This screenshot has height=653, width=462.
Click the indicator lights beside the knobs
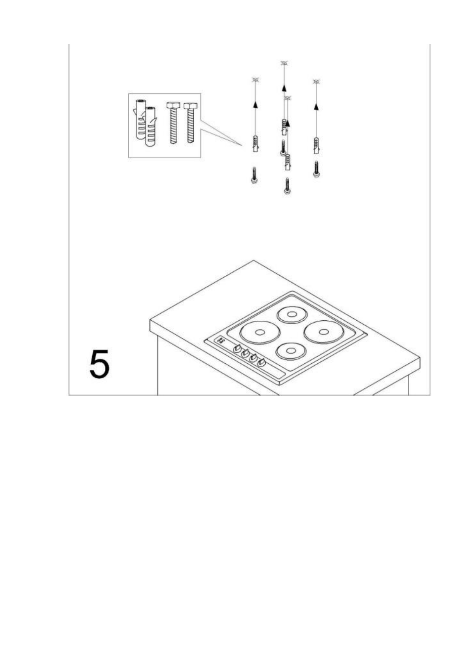point(221,340)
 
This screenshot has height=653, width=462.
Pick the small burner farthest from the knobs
point(292,314)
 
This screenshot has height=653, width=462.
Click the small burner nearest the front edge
point(291,351)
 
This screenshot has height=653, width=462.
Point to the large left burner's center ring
point(260,332)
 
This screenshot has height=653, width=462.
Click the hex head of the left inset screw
point(173,105)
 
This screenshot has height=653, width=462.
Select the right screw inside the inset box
point(190,122)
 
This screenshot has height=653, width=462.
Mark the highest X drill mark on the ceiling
point(285,62)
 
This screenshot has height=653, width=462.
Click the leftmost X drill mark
point(255,79)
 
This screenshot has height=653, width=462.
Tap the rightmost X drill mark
point(316,81)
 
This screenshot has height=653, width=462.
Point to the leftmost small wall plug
point(255,144)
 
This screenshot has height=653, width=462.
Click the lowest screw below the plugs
point(287,186)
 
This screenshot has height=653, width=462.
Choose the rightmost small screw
point(317,169)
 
